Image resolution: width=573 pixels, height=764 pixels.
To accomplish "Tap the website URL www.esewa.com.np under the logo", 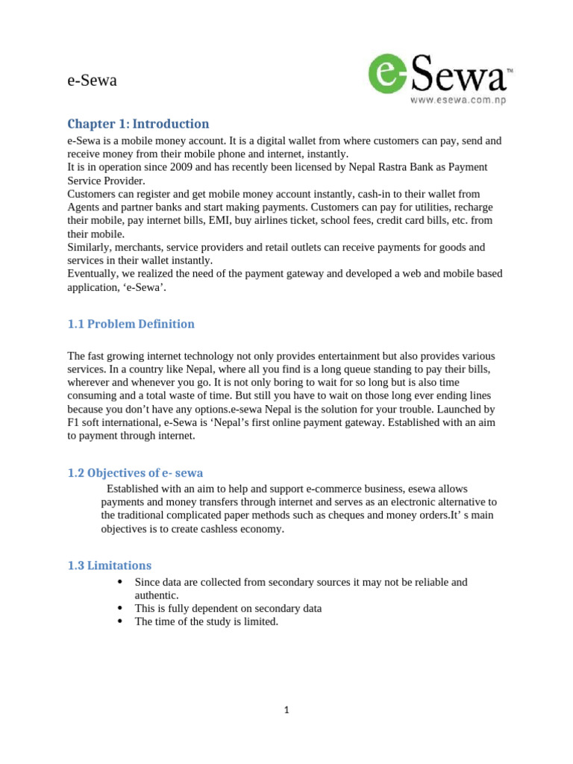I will coord(457,101).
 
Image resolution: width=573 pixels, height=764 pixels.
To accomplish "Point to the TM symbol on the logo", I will coord(510,70).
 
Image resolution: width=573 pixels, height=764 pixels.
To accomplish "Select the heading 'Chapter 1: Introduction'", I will coord(138,124).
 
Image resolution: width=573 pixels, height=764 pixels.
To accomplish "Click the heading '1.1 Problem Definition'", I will coord(131,324).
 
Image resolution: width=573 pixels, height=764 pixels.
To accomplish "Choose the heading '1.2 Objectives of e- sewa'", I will coord(134,472).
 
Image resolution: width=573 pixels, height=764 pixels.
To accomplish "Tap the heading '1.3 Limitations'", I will coord(109,565).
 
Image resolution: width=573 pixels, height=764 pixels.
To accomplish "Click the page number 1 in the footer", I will coord(286,710).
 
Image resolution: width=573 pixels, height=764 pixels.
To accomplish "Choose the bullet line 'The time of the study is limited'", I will coord(206,621).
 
